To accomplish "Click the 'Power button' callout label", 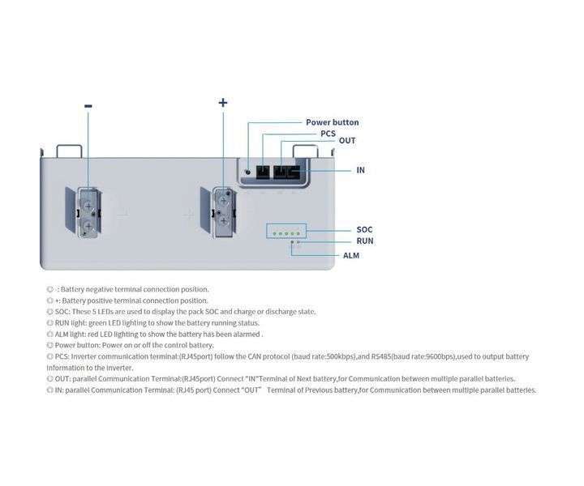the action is pos(333,122).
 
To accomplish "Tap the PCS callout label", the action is pos(328,134).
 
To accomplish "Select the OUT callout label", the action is pos(347,141).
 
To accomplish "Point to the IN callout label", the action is pos(360,170).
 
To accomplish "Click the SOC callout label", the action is pos(364,230).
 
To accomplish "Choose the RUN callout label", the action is pos(365,241).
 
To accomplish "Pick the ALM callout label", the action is pos(351,255).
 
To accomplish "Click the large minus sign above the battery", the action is pos(88,106).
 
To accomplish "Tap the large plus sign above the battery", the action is pos(223,102).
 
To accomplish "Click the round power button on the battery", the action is pos(247,172).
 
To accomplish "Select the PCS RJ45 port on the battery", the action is pos(263,173).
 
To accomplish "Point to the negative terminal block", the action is pos(88,213).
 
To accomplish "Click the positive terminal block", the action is pos(224,212).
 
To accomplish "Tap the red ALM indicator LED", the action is pos(292,242).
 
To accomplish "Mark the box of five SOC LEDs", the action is pos(286,231).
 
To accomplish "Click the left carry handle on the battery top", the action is pos(69,151).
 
